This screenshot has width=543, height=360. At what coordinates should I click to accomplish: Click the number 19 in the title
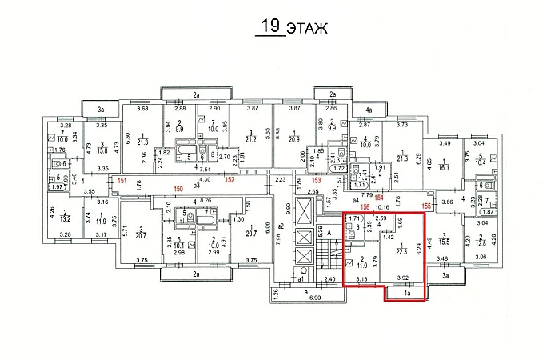(x=271, y=26)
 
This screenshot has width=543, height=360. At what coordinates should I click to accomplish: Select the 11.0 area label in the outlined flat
(x=361, y=262)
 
